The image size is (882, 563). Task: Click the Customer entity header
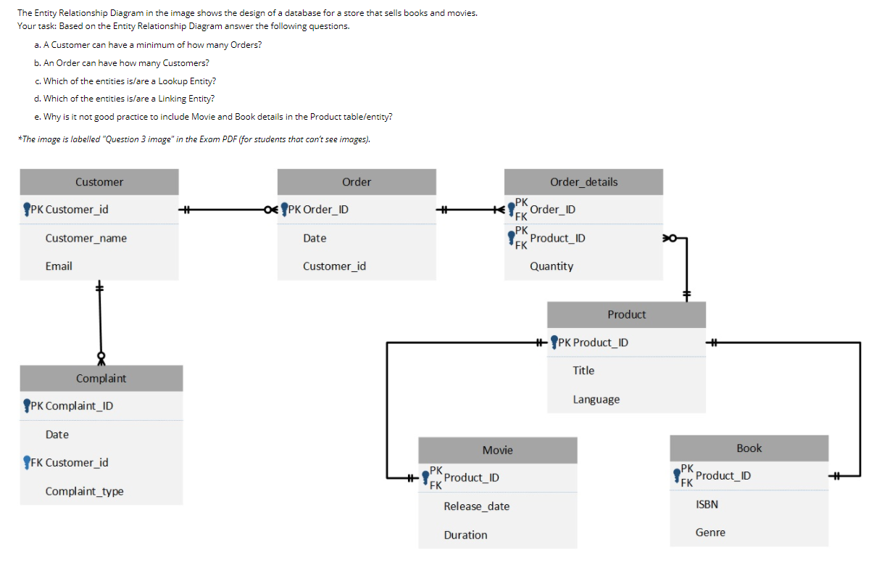(99, 182)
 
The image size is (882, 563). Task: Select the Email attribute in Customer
(59, 266)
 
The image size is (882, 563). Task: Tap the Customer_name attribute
(86, 238)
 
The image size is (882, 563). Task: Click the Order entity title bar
(357, 182)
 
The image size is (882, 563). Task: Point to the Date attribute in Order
(315, 238)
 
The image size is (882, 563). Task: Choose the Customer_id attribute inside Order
(334, 266)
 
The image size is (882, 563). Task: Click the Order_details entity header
(583, 182)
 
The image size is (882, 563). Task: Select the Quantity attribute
(552, 266)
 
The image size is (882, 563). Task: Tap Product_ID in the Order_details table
(557, 238)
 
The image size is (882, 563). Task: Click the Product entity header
(626, 314)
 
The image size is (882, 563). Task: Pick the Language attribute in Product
(596, 399)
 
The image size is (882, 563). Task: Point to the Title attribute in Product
(583, 370)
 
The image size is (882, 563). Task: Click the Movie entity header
(498, 451)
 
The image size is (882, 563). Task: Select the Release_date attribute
(476, 506)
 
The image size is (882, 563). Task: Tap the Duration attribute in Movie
(465, 535)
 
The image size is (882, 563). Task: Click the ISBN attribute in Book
(707, 504)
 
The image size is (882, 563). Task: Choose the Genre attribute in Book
(710, 533)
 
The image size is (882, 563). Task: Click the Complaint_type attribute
(84, 491)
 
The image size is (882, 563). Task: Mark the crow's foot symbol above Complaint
(101, 358)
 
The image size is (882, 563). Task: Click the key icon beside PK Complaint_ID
(27, 405)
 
